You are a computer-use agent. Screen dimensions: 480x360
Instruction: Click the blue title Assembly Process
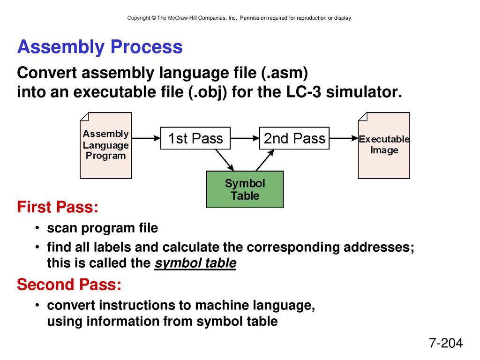(x=100, y=47)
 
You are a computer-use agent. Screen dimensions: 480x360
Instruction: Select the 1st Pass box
(x=195, y=138)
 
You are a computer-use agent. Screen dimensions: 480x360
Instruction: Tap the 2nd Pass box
(x=294, y=138)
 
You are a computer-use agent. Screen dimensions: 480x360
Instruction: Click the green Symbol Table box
(x=245, y=189)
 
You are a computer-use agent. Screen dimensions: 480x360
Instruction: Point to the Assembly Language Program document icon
(x=106, y=145)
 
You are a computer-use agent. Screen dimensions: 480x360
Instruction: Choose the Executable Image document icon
(x=384, y=145)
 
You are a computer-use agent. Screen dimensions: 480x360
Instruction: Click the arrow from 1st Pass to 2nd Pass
(x=245, y=138)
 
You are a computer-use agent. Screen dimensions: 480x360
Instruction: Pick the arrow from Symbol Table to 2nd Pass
(x=265, y=160)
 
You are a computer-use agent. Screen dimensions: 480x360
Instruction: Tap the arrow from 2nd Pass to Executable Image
(x=344, y=138)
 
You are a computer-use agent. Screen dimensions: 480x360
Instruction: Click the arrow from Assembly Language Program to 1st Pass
(x=146, y=138)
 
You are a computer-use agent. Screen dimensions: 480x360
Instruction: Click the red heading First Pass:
(x=58, y=207)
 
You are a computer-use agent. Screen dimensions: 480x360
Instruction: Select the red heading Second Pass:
(x=69, y=285)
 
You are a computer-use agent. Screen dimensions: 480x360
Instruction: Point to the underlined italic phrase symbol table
(x=195, y=263)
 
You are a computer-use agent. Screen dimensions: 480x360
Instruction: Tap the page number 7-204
(x=446, y=343)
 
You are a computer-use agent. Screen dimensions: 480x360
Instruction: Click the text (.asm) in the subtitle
(x=285, y=73)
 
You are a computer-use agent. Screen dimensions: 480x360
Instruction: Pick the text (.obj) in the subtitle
(x=208, y=92)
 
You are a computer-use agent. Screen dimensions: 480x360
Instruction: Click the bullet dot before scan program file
(x=37, y=228)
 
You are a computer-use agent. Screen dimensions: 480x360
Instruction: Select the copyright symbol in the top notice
(x=154, y=18)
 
